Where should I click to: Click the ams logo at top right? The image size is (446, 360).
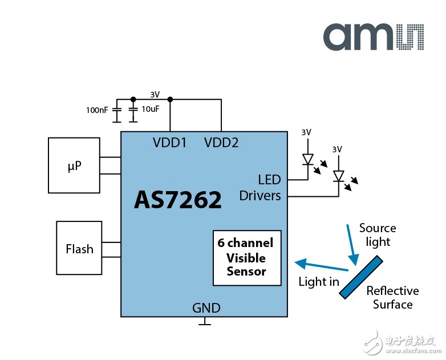click(373, 36)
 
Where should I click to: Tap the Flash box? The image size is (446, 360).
click(79, 249)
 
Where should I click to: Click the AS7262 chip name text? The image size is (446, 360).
click(178, 200)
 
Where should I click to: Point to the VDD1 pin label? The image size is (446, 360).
click(170, 143)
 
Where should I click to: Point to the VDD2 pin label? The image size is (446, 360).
click(221, 143)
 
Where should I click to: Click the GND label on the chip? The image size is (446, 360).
click(206, 308)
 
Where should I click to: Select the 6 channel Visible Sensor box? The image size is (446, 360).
click(247, 257)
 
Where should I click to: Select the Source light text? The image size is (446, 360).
click(378, 234)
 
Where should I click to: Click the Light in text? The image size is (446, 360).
click(319, 281)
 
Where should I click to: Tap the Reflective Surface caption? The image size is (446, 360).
click(392, 297)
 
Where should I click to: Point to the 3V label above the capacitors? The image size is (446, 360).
click(155, 94)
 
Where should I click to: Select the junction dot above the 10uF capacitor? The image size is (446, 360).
click(133, 99)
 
